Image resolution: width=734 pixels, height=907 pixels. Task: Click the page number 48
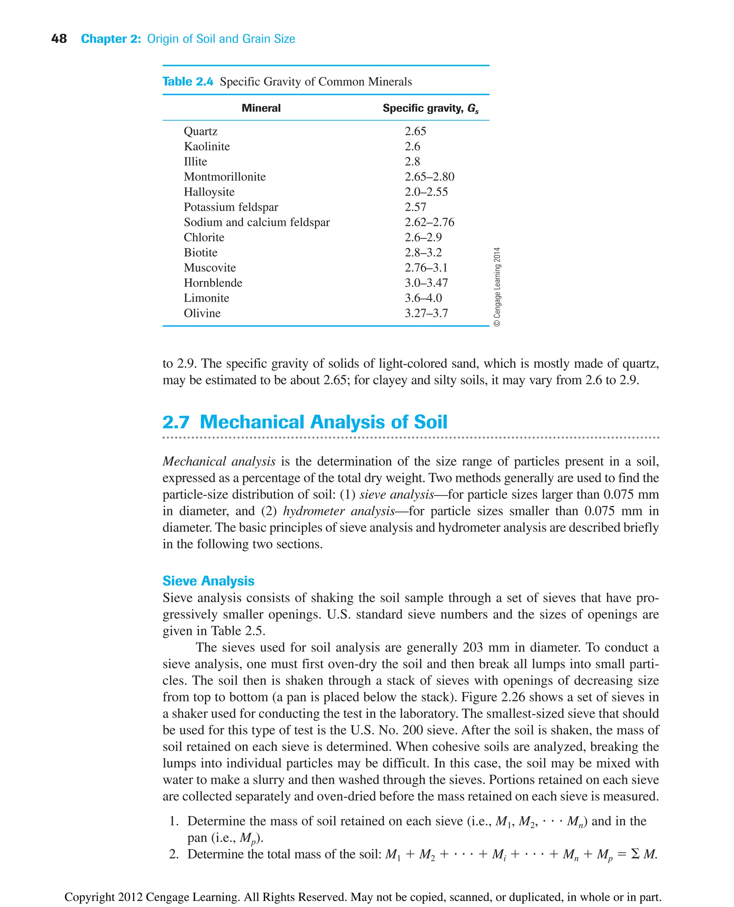pyautogui.click(x=59, y=39)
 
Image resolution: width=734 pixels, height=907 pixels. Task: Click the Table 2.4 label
pyautogui.click(x=188, y=82)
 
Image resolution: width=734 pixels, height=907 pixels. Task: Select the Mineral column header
pyautogui.click(x=261, y=108)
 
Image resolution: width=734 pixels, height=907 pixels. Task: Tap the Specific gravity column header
pyautogui.click(x=430, y=108)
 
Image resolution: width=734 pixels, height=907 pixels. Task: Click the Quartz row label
pyautogui.click(x=200, y=131)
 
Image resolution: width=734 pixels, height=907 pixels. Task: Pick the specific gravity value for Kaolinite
pyautogui.click(x=412, y=146)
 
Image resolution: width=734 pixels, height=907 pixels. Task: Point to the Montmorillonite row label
pyautogui.click(x=224, y=177)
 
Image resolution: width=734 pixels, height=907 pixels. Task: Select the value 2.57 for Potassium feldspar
pyautogui.click(x=415, y=207)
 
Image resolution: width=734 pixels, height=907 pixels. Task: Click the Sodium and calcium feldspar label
pyautogui.click(x=257, y=222)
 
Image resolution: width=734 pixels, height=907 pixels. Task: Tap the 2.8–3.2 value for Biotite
pyautogui.click(x=423, y=253)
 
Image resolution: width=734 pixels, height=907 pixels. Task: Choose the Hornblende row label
pyautogui.click(x=213, y=283)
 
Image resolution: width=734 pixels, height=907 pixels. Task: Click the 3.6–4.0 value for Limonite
pyautogui.click(x=423, y=298)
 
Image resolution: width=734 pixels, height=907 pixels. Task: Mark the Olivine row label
pyautogui.click(x=202, y=313)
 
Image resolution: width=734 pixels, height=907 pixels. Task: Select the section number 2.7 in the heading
pyautogui.click(x=176, y=422)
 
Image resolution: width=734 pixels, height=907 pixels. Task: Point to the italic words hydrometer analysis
pyautogui.click(x=338, y=511)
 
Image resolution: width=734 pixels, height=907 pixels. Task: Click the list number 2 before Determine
pyautogui.click(x=173, y=854)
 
